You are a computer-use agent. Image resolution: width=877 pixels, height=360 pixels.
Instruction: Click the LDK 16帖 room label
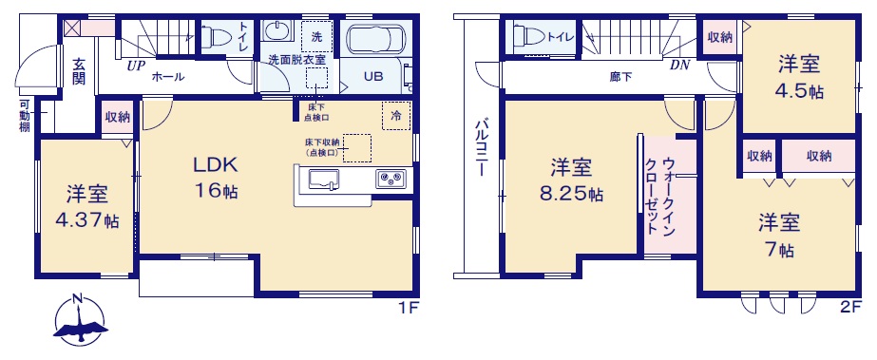216,178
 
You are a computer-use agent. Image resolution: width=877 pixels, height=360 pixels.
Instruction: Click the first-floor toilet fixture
218,37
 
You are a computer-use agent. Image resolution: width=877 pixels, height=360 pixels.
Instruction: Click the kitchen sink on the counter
323,179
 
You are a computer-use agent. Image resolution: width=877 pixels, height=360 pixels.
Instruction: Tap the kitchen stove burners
391,179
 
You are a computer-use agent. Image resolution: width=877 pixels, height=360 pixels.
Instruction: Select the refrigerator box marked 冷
396,116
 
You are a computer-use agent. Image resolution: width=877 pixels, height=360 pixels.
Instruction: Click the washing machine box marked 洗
316,37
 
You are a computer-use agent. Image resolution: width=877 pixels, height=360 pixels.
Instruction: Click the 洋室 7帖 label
779,236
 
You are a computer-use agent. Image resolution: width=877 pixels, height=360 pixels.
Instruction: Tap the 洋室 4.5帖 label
800,78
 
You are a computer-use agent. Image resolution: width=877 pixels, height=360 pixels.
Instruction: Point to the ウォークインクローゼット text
660,197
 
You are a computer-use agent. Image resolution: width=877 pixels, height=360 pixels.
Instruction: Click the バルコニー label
482,147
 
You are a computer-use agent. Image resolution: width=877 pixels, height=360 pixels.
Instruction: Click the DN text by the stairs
679,66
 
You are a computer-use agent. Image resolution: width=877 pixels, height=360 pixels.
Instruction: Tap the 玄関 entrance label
78,73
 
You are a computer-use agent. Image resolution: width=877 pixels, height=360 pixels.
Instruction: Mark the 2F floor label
851,307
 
